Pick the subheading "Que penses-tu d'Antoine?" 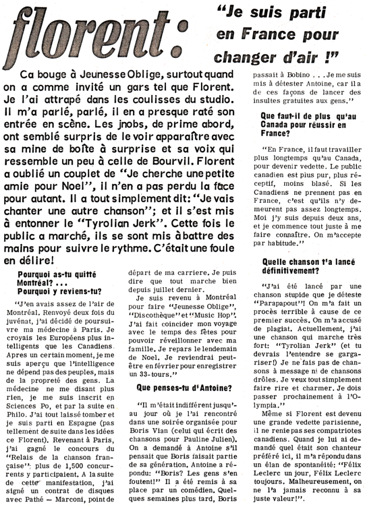pos(184,388)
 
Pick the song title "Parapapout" pos(292,307)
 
